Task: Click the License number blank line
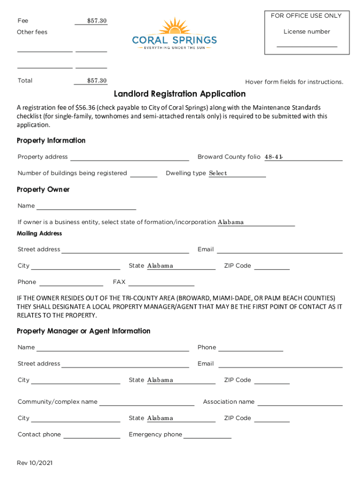click(x=307, y=44)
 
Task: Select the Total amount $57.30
click(x=97, y=81)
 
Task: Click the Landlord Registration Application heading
click(x=180, y=94)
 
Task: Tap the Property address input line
click(x=130, y=157)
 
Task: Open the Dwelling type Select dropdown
click(x=237, y=174)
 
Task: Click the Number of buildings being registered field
click(x=144, y=174)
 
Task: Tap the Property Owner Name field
click(x=86, y=206)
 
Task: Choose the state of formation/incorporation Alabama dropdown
click(x=256, y=223)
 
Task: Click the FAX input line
click(x=161, y=282)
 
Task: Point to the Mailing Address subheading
click(x=39, y=233)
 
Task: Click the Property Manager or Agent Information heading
click(x=84, y=331)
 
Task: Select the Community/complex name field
click(x=147, y=402)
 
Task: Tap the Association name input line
click(x=300, y=402)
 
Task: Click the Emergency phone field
click(x=208, y=435)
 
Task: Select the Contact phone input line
click(x=92, y=435)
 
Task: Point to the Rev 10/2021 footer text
click(x=35, y=463)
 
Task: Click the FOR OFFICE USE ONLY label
click(x=306, y=16)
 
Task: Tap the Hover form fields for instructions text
click(x=294, y=82)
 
